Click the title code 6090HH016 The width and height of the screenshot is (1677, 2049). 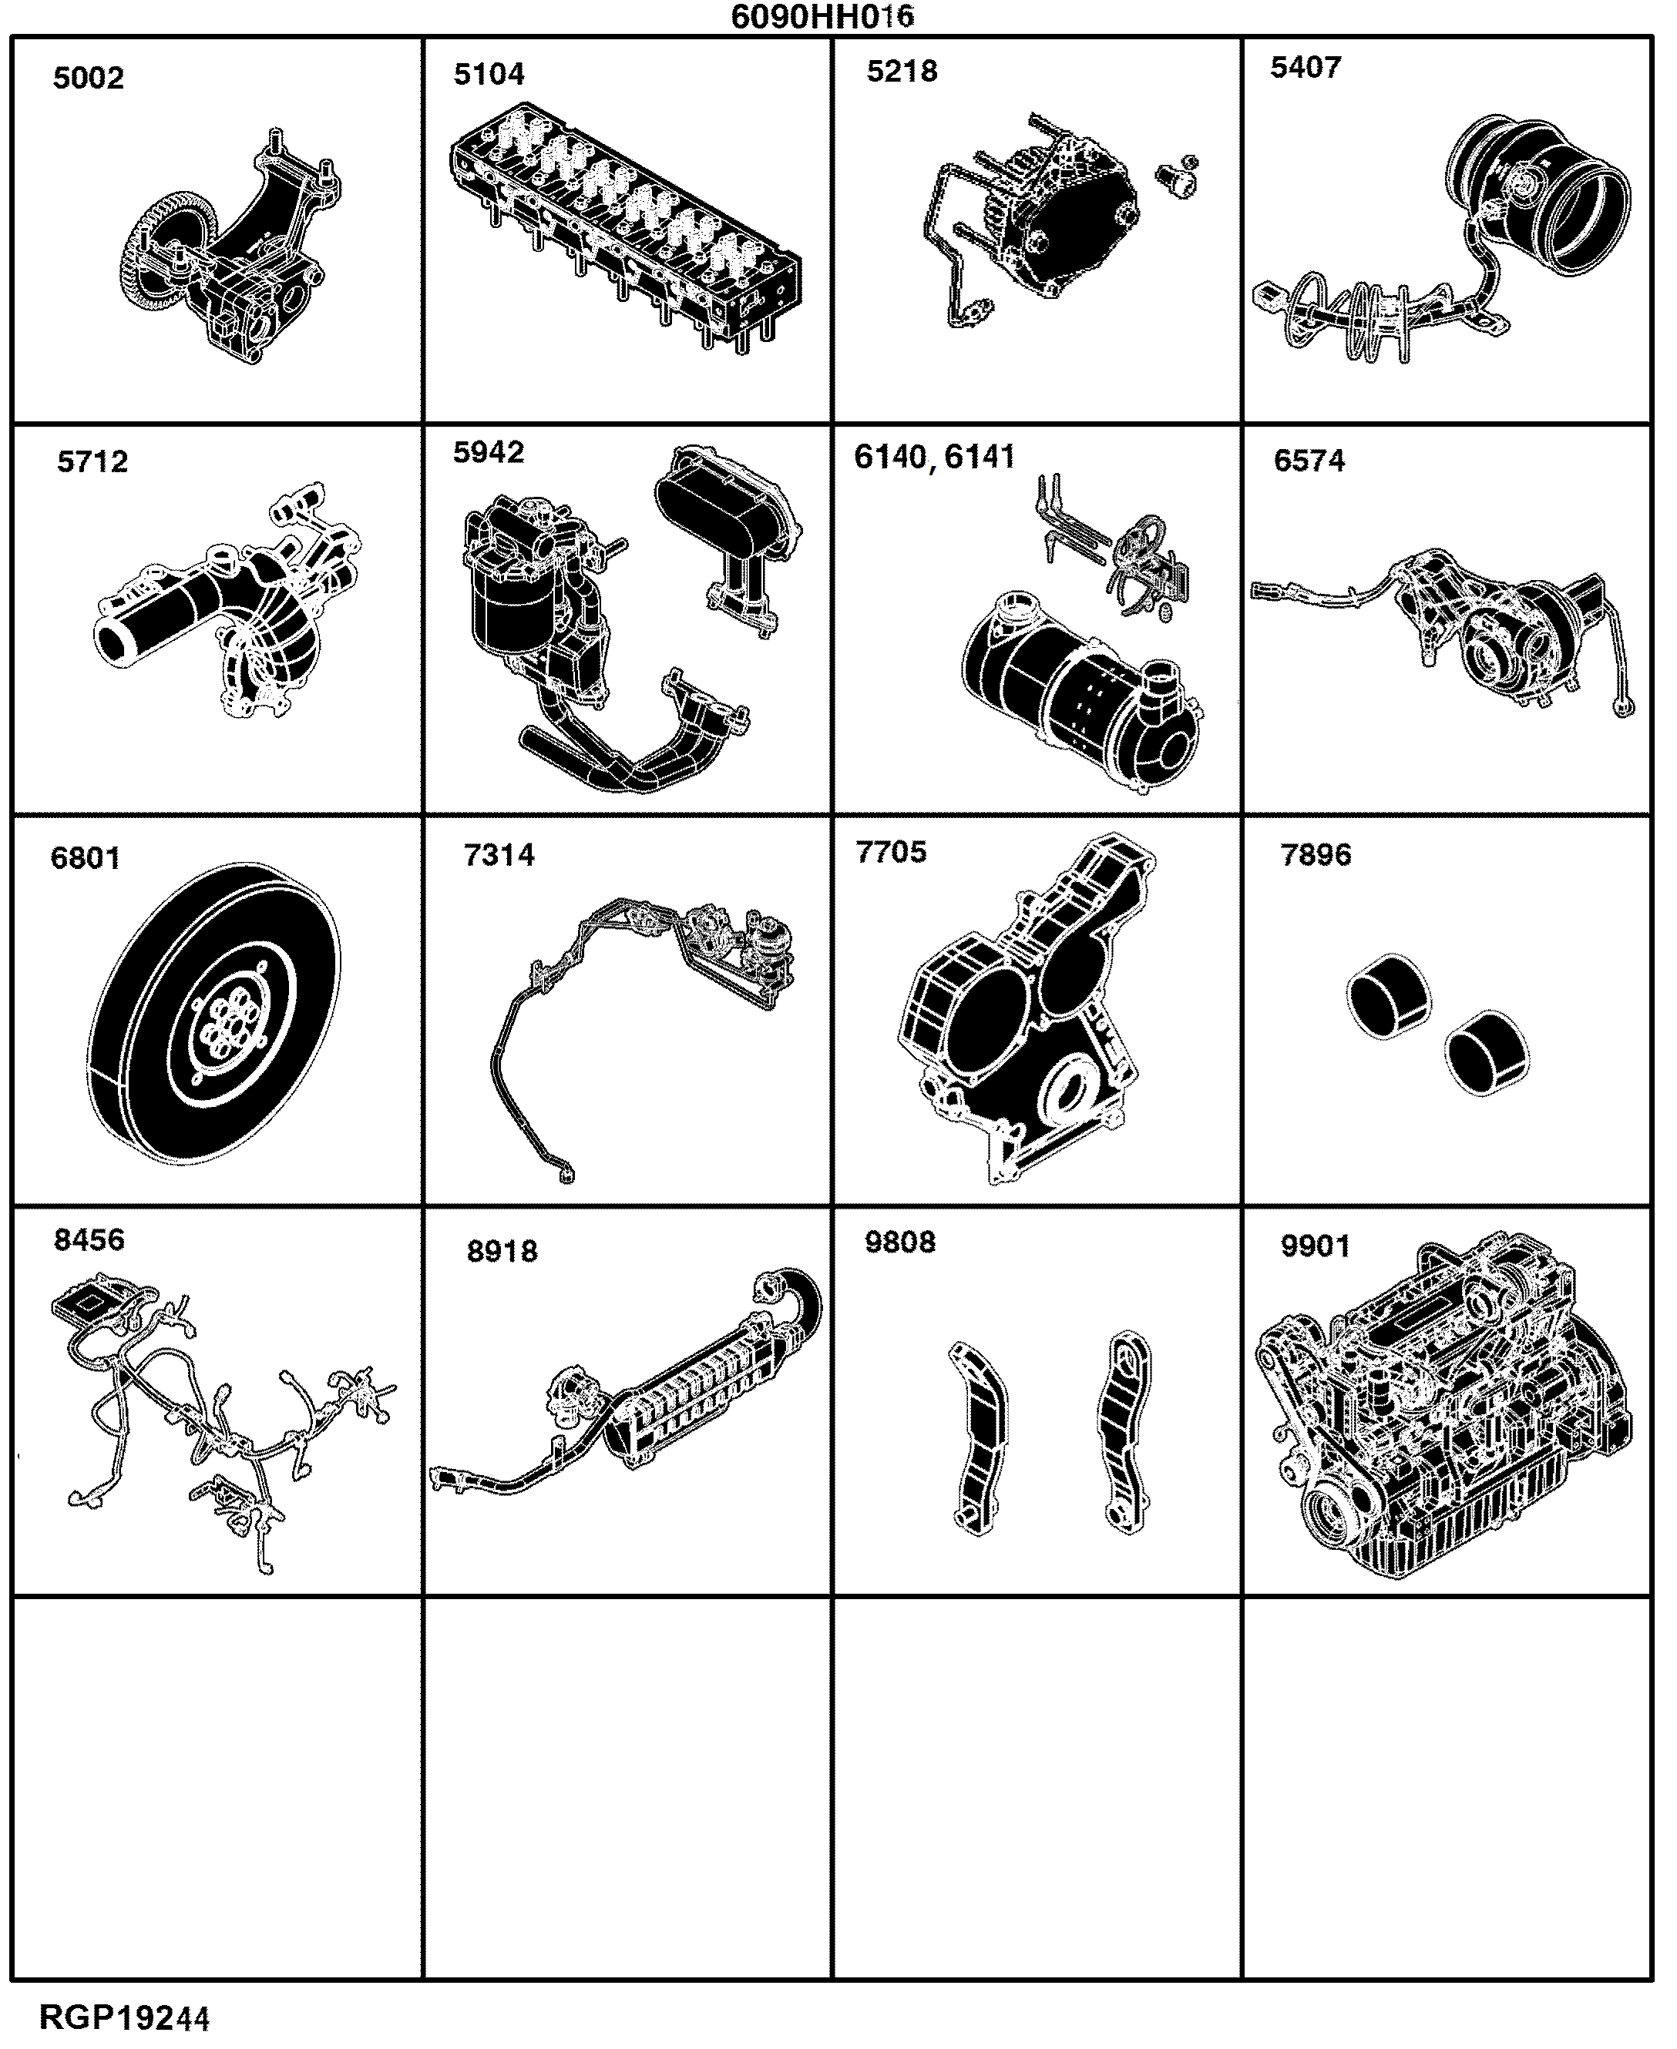(822, 16)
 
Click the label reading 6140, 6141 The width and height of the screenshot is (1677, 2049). (934, 457)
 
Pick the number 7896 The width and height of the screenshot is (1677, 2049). (1316, 854)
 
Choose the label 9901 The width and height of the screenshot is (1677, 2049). (1315, 1246)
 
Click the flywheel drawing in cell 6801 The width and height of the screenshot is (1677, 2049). (213, 1014)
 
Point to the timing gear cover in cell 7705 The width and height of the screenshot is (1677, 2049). (1029, 1009)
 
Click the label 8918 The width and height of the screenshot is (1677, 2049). (502, 1252)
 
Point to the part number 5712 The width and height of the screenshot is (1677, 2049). (92, 461)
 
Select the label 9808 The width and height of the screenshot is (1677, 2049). (899, 1242)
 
